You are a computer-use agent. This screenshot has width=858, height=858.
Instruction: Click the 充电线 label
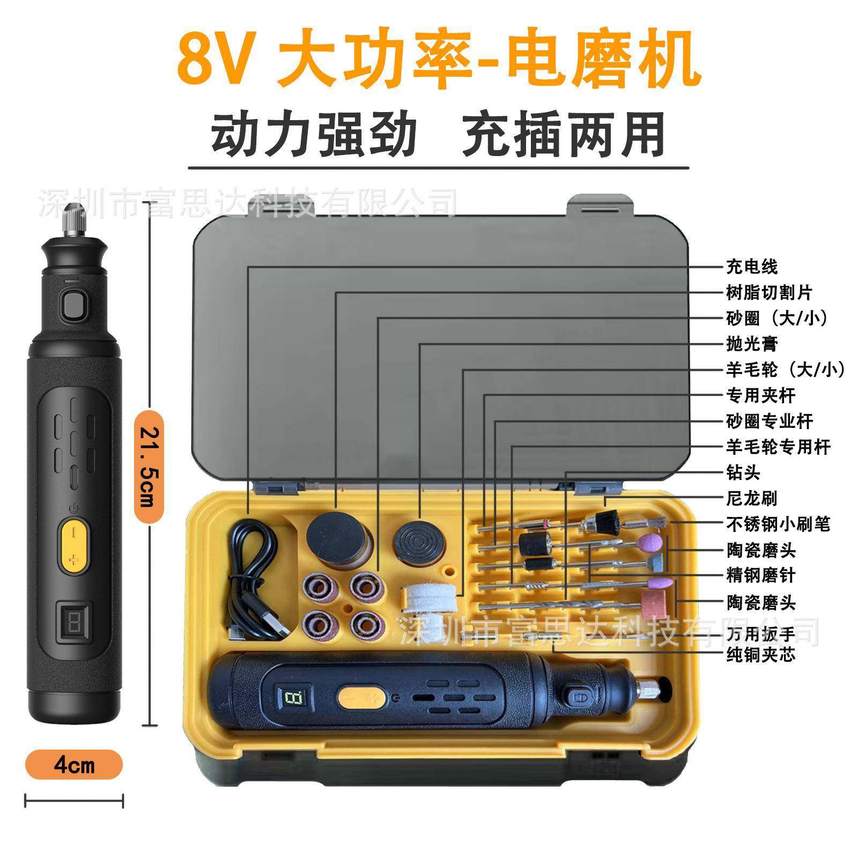(x=751, y=267)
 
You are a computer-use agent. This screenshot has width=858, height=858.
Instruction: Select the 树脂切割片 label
(x=769, y=292)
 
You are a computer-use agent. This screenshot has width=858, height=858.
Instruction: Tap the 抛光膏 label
(x=751, y=344)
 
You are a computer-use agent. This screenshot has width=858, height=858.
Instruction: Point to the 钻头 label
(x=743, y=472)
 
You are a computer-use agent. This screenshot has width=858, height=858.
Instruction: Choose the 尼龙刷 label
(x=751, y=498)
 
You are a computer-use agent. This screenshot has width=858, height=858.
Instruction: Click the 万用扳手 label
(x=760, y=634)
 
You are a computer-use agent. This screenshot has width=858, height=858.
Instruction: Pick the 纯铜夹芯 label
(x=760, y=655)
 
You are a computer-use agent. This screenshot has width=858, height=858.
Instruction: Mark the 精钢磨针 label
(x=760, y=575)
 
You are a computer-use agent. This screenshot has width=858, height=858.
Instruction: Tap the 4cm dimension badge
(x=73, y=765)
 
